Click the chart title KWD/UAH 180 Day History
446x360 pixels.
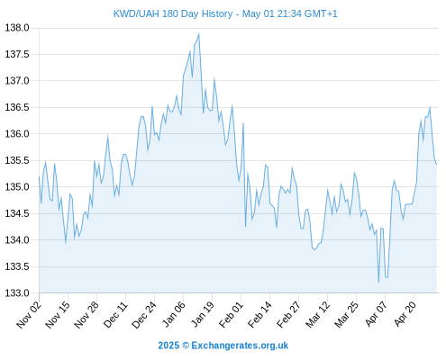(173, 13)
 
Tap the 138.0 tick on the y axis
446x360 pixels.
(17, 28)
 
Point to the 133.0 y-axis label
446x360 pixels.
(17, 292)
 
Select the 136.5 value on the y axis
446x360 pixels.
(17, 107)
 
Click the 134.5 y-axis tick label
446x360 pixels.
(17, 213)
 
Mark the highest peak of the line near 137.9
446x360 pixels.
(199, 34)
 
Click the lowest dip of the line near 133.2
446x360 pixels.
(378, 282)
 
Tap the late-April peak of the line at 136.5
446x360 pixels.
(430, 107)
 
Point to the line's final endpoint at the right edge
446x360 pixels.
(436, 164)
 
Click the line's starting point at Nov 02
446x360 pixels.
(39, 176)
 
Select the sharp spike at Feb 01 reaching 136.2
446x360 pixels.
(243, 123)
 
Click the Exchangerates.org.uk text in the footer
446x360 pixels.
(240, 346)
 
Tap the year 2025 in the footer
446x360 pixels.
(168, 346)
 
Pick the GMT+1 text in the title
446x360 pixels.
(321, 13)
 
